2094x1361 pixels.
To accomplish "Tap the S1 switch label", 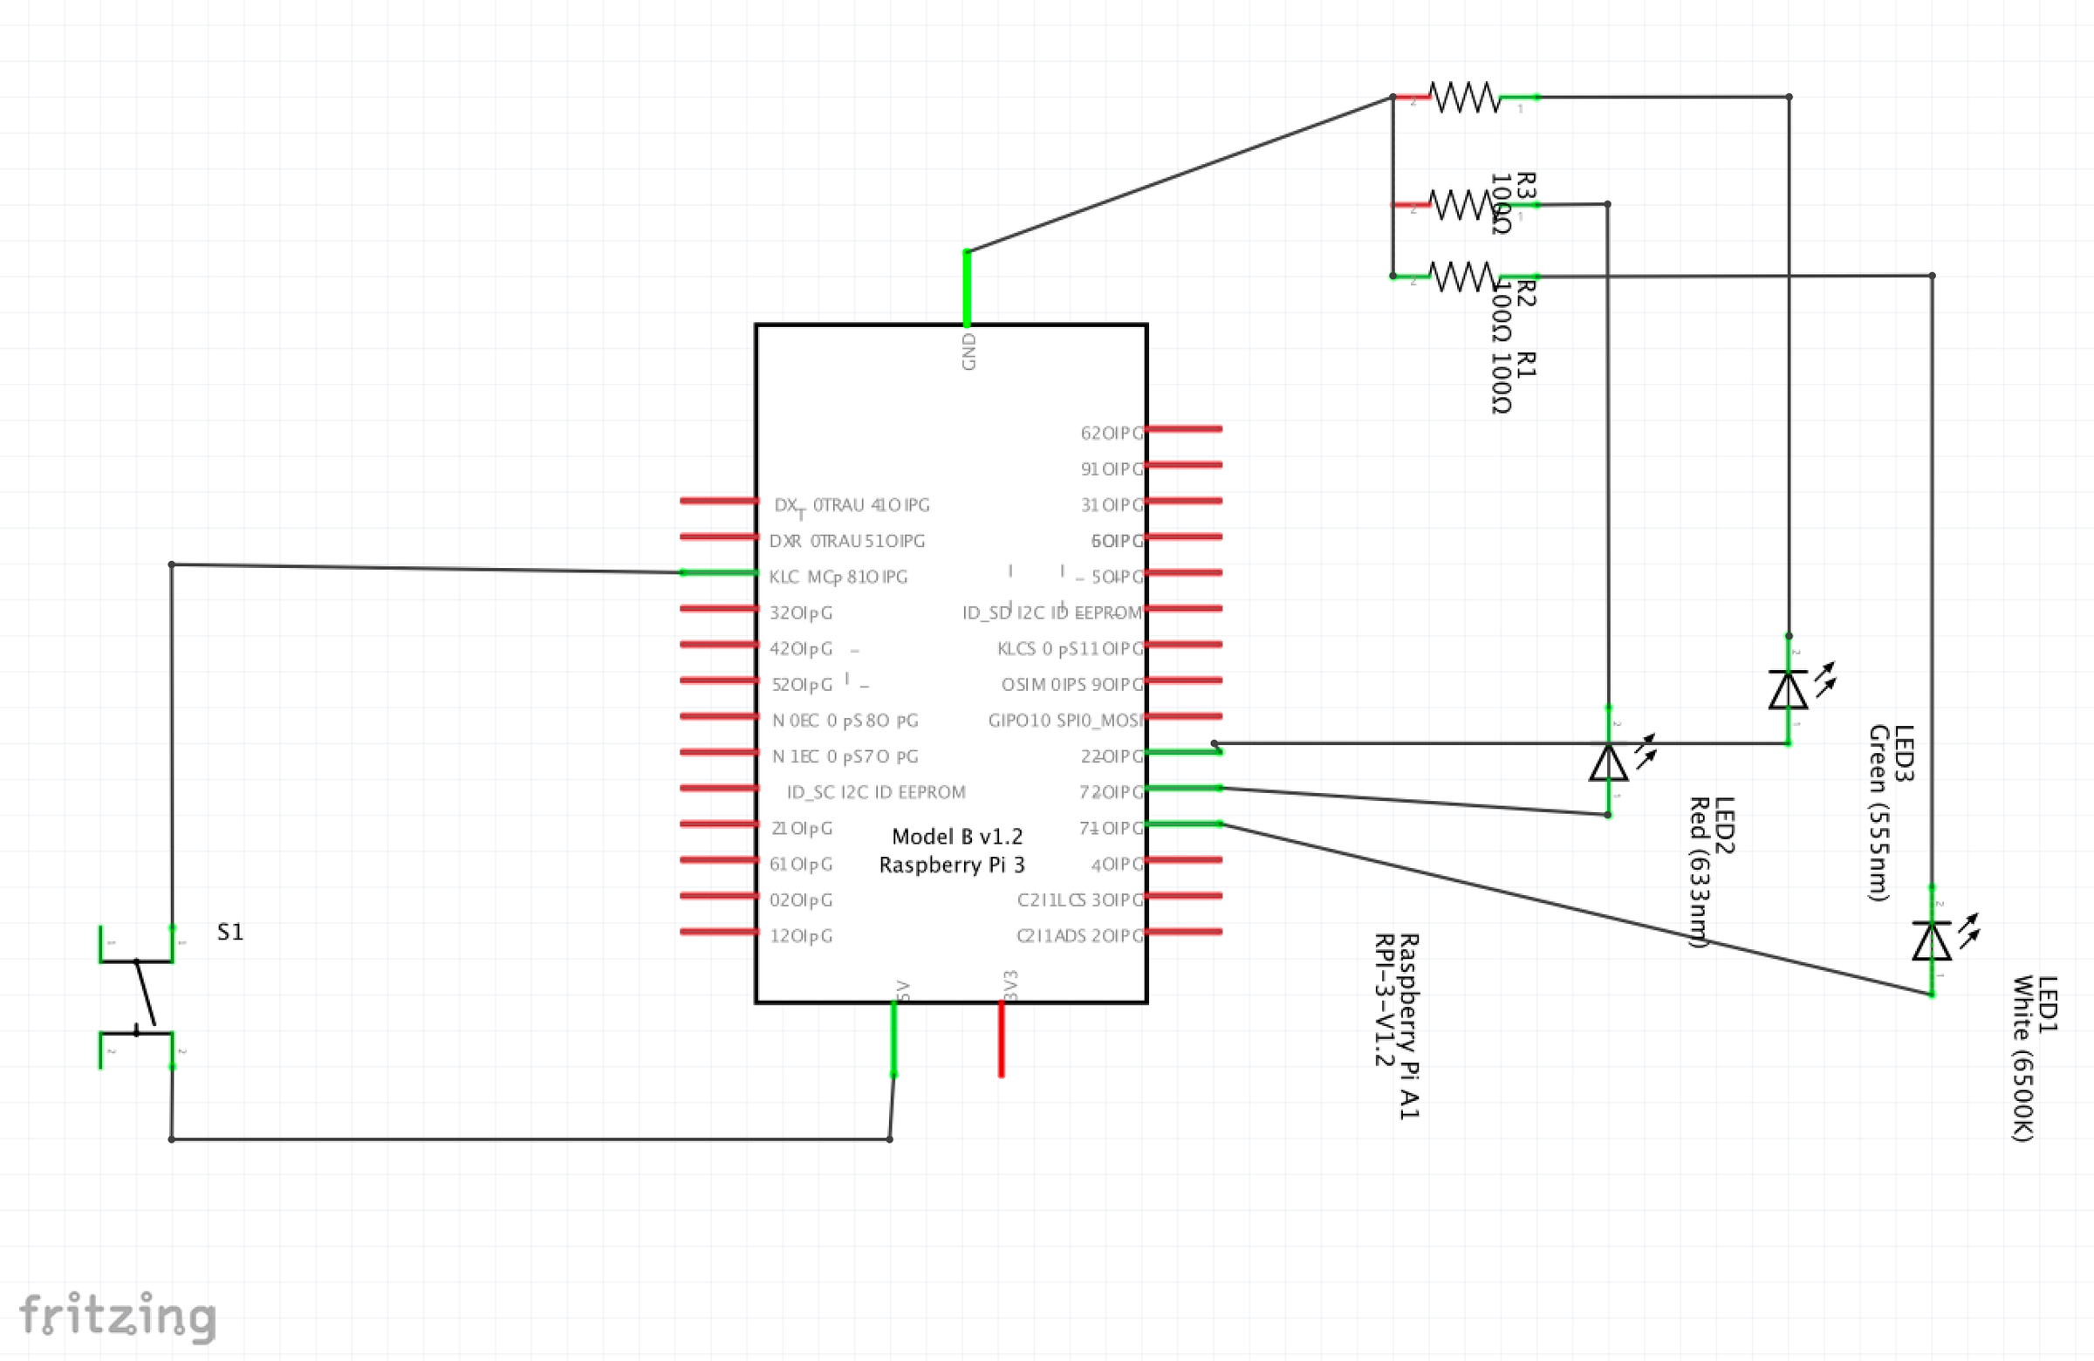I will pyautogui.click(x=229, y=932).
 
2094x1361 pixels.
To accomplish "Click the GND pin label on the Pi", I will pyautogui.click(x=968, y=351).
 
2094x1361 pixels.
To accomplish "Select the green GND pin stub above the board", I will pyautogui.click(x=967, y=289).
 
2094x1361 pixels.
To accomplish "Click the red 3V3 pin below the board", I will pyautogui.click(x=1002, y=1039).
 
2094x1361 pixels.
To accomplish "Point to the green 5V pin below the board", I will pyautogui.click(x=894, y=1039).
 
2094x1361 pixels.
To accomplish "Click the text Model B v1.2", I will pyautogui.click(x=957, y=836).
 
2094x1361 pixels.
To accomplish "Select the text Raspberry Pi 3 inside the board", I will pyautogui.click(x=952, y=865).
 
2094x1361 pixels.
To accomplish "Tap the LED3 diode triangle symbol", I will pyautogui.click(x=1788, y=690).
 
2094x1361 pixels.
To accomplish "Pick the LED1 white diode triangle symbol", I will pyautogui.click(x=1931, y=940).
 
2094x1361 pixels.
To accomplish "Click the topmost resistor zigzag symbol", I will pyautogui.click(x=1464, y=97).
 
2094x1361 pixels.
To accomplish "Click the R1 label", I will pyautogui.click(x=1527, y=364).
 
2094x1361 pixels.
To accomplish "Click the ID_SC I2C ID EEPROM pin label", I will pyautogui.click(x=875, y=792).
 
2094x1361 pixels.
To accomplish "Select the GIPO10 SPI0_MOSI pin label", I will pyautogui.click(x=1064, y=721).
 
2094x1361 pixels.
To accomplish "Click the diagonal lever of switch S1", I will pyautogui.click(x=145, y=993).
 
